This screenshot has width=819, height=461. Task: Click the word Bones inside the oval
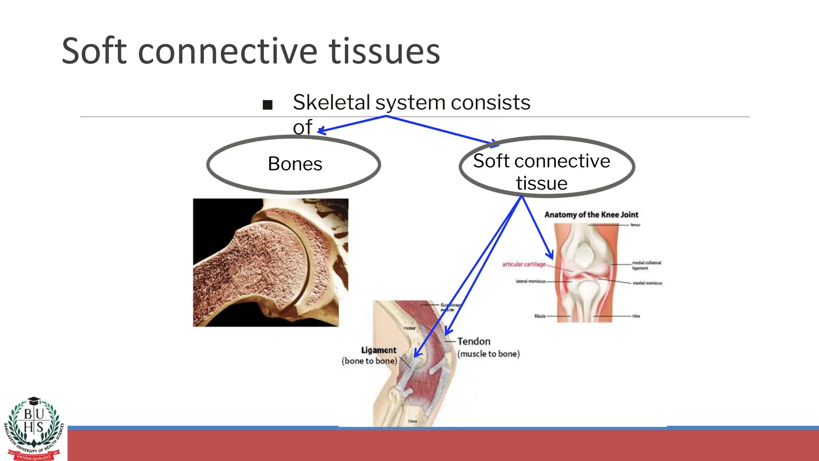pos(295,164)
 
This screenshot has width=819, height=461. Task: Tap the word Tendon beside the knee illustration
pos(473,341)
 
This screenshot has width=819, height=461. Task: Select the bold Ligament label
pos(378,350)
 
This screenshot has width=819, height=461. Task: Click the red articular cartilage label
pos(524,264)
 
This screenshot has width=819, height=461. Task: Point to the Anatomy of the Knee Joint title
pos(591,214)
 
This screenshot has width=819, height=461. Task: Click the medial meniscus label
pos(647,283)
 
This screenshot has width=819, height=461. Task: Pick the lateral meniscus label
pos(530,281)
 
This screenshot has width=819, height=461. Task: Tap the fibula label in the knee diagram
pos(539,316)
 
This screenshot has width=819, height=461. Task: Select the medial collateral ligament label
pos(646,265)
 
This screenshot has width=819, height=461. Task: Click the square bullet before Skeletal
pos(268,105)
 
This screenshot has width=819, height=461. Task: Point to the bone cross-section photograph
pos(270,263)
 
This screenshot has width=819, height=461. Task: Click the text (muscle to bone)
pos(488,354)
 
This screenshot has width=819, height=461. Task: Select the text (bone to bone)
pos(369,361)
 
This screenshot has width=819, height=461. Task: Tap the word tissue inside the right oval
pos(541,183)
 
